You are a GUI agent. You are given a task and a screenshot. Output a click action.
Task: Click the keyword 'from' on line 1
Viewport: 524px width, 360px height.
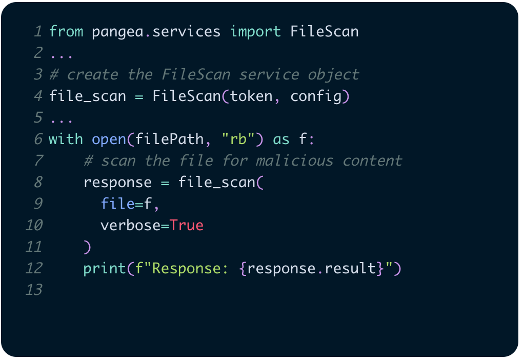[66, 31]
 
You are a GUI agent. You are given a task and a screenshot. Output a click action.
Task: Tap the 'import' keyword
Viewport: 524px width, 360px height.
[255, 31]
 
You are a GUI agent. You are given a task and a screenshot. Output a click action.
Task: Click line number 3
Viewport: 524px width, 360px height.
[38, 74]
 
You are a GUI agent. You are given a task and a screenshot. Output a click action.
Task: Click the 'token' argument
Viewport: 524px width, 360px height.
[251, 96]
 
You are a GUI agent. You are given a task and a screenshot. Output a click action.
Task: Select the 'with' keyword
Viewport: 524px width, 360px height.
[66, 139]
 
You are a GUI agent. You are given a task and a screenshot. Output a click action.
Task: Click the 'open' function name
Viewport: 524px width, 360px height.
[109, 139]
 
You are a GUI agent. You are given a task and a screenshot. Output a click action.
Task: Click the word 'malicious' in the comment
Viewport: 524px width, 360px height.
[294, 161]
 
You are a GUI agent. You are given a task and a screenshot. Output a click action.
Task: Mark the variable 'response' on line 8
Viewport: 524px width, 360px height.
[117, 182]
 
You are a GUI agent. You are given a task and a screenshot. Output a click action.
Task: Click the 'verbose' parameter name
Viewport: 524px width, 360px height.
[130, 225]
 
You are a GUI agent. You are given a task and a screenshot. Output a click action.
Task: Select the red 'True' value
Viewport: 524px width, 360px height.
[187, 225]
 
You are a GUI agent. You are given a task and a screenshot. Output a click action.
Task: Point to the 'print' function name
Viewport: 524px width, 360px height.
[105, 268]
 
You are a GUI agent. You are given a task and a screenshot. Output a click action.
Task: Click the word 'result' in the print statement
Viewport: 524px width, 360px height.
[351, 268]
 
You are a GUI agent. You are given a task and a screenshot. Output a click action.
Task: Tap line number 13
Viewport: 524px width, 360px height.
[34, 290]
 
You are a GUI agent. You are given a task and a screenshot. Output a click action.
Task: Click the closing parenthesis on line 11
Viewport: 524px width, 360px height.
[87, 247]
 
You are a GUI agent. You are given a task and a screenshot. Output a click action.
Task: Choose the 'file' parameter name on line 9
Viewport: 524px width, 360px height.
[117, 204]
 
